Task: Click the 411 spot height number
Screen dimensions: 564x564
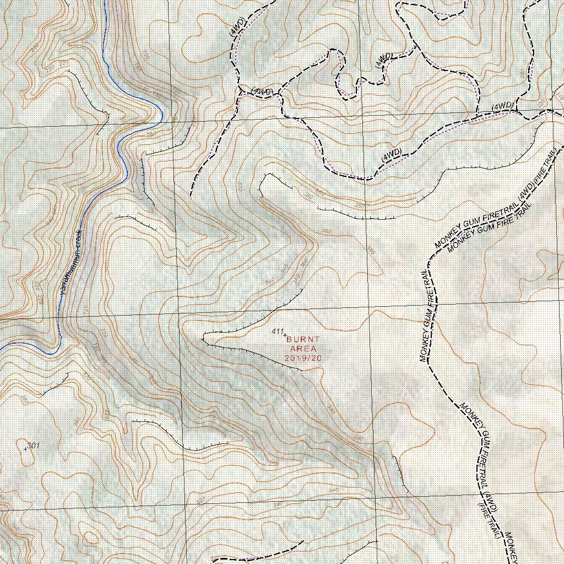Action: (x=277, y=332)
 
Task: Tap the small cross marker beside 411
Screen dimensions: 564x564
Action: (x=285, y=334)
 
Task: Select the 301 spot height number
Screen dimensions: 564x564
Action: (x=34, y=445)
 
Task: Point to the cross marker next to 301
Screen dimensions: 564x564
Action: (x=25, y=449)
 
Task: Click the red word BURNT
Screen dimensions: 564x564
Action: (x=302, y=340)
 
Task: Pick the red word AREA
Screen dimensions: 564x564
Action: (x=302, y=349)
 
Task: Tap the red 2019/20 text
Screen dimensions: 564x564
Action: (x=302, y=358)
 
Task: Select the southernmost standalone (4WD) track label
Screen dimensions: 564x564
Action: (x=391, y=155)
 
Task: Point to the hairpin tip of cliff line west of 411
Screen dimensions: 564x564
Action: (x=204, y=337)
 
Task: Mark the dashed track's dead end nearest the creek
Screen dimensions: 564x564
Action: (x=191, y=195)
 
